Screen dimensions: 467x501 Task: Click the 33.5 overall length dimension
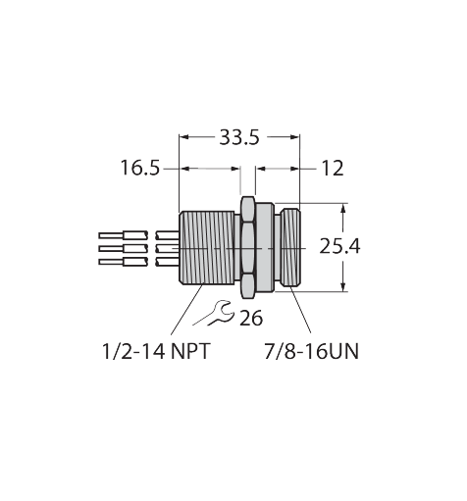click(x=239, y=137)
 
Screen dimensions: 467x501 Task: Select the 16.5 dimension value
click(x=140, y=168)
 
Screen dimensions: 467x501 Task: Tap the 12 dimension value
click(x=333, y=169)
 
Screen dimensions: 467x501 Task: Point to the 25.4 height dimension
click(x=339, y=246)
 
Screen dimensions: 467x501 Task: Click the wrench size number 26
click(x=251, y=318)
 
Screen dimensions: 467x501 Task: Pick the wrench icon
click(x=214, y=313)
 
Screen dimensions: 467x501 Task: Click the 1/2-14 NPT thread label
click(x=155, y=352)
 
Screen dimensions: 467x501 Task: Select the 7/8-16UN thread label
click(x=311, y=352)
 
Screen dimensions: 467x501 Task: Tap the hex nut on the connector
click(x=248, y=247)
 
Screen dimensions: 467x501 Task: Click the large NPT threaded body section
click(x=207, y=248)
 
